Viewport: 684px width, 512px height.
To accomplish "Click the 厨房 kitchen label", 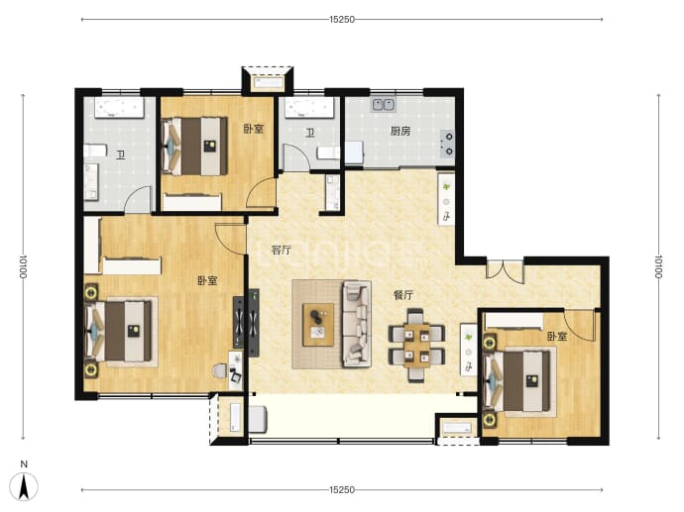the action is click(400, 131).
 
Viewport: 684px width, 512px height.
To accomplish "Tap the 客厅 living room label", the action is click(281, 251).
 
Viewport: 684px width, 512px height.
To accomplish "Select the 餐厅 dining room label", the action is click(403, 295).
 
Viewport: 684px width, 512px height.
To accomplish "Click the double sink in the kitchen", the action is click(384, 105).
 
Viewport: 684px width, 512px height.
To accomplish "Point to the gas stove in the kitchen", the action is click(447, 145).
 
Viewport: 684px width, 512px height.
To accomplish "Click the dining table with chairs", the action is click(416, 345).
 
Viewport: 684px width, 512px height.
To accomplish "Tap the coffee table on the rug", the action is click(318, 325).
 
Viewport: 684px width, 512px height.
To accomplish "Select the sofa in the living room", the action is click(357, 324).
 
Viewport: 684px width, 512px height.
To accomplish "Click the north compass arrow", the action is click(25, 486).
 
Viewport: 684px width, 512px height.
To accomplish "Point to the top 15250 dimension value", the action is click(342, 19).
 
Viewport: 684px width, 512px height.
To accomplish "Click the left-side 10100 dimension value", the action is click(23, 266).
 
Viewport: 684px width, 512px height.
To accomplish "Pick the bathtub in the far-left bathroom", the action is click(119, 108).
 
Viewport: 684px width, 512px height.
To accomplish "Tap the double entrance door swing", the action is click(505, 271).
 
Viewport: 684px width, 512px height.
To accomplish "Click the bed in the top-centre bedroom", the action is click(194, 146).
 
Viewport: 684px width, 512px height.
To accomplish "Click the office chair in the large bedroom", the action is click(220, 371).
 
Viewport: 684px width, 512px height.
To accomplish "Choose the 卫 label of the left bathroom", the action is click(120, 155).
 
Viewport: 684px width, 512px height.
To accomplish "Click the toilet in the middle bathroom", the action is click(327, 153).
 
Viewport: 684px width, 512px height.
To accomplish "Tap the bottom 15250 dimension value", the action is click(342, 490).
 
